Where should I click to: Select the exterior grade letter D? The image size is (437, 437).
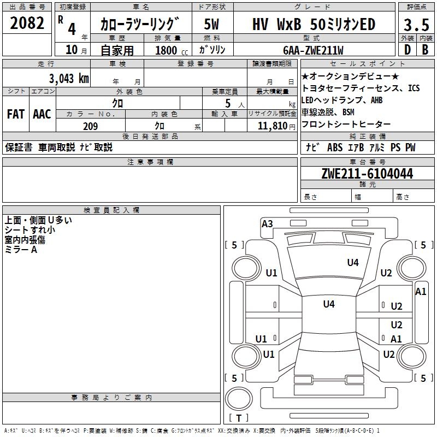407,50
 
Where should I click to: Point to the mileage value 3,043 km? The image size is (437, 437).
69,78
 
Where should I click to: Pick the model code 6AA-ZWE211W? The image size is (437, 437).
313,50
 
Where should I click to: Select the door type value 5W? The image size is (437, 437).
212,24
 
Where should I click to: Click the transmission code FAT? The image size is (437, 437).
15,114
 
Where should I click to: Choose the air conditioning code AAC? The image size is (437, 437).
42,114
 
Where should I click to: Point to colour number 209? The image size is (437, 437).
90,126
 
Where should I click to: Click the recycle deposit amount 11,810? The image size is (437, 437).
271,126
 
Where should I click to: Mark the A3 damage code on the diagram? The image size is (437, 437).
267,223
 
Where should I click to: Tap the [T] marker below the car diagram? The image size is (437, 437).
238,418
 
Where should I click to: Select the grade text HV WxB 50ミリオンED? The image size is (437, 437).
314,24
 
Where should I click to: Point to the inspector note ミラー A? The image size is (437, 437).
21,249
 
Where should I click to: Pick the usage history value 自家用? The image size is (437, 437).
117,50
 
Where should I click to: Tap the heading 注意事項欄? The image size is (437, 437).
150,162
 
